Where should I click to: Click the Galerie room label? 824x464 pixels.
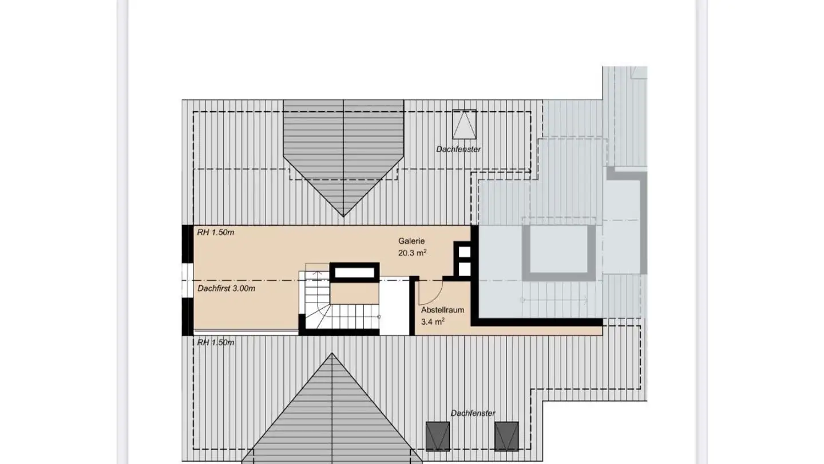411,242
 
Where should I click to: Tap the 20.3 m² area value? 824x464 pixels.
413,253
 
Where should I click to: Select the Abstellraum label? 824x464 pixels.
442,310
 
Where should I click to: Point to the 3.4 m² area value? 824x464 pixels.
433,322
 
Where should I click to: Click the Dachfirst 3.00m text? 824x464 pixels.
227,289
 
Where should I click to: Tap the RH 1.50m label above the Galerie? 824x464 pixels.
216,233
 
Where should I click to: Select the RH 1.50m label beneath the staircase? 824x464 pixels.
216,343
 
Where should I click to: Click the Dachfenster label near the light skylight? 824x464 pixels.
458,150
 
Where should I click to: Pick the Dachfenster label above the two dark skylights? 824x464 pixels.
473,413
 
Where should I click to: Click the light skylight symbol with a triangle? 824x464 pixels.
464,124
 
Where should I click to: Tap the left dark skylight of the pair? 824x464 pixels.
438,436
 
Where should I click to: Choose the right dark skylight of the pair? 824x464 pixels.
506,436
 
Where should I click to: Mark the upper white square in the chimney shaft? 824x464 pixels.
464,252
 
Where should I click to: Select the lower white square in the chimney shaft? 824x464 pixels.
464,269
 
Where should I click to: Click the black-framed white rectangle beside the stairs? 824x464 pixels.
355,272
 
